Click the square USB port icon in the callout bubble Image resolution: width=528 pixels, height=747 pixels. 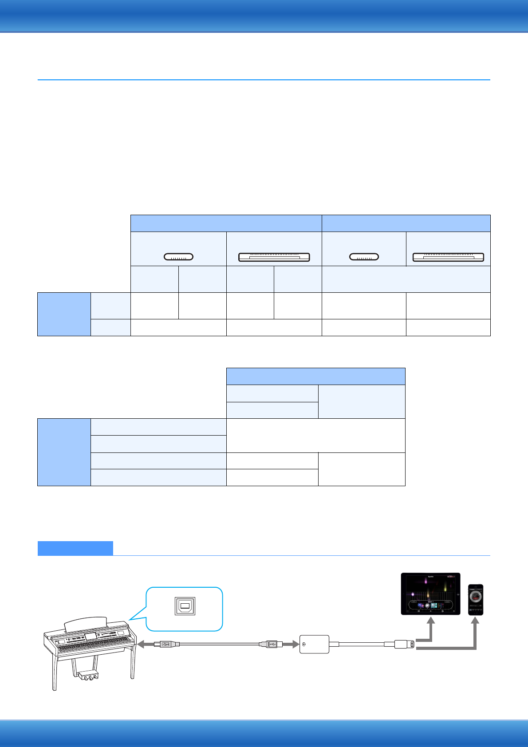[x=185, y=606]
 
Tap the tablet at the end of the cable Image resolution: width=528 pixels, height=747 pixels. [x=430, y=594]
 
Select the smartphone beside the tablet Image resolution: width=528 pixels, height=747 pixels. [x=475, y=599]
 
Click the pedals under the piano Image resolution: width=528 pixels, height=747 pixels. [x=88, y=676]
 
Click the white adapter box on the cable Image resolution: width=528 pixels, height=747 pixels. [x=315, y=644]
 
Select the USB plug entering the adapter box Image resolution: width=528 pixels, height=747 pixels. [x=271, y=644]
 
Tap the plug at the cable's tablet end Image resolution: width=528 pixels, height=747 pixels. [x=405, y=644]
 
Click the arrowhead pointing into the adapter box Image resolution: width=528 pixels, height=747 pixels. [x=294, y=644]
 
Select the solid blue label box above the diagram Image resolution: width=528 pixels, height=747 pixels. [x=75, y=548]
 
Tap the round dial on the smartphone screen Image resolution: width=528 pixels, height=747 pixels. [x=475, y=597]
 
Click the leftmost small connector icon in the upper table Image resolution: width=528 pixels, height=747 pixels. [x=178, y=256]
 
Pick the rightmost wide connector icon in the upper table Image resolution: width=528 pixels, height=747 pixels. [x=448, y=257]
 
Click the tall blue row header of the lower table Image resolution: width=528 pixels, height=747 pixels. [x=64, y=452]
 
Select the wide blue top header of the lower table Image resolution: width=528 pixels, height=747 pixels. [x=315, y=376]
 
